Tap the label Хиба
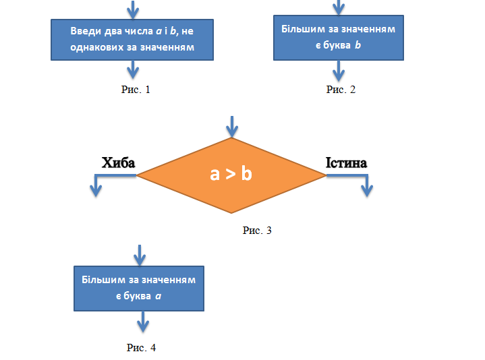coord(118,163)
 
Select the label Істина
coord(346,163)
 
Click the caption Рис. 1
coord(134,89)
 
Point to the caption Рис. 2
coord(340,90)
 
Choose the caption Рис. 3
coord(257,231)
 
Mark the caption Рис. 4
coord(141,348)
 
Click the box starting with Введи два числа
coord(133,40)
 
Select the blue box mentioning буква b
coord(338,38)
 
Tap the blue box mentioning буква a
coord(139,288)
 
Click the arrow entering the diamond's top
coord(232,126)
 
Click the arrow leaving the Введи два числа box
coord(134,69)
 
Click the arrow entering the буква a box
coord(140,255)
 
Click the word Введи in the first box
coord(84,32)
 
